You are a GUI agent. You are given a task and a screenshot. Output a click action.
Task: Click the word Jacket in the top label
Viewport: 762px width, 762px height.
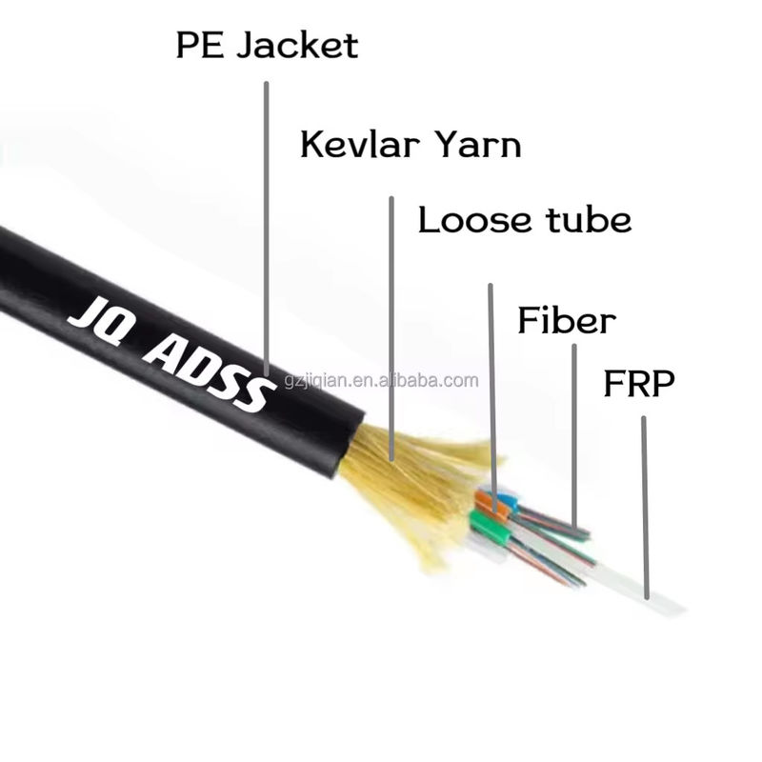(298, 45)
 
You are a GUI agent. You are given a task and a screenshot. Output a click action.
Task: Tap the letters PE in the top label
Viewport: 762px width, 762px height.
(200, 45)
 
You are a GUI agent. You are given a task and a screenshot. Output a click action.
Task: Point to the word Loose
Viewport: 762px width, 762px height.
(474, 220)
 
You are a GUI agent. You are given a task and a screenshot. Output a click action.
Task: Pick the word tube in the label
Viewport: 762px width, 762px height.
(589, 219)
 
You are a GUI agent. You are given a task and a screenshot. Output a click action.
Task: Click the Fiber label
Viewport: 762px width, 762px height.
(567, 320)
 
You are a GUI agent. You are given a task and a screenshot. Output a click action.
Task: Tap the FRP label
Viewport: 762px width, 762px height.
(639, 384)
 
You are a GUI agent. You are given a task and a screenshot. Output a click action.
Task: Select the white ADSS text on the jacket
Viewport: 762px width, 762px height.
(207, 371)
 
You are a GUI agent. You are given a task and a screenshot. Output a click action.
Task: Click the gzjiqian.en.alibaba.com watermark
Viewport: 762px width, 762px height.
(382, 380)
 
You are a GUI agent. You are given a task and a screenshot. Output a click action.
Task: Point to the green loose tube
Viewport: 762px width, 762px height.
(490, 527)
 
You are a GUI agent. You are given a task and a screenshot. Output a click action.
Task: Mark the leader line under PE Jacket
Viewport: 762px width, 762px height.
(267, 229)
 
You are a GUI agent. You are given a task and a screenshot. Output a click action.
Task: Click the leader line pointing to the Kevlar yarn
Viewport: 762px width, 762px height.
(391, 329)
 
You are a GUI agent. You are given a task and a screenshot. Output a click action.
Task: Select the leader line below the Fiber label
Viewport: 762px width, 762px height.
(574, 436)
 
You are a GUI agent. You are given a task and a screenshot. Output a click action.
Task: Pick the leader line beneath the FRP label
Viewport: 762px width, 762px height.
(645, 508)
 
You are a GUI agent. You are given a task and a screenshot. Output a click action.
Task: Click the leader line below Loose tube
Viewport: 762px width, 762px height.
(492, 397)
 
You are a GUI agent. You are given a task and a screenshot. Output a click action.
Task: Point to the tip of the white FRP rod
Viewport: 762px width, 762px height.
(684, 610)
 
